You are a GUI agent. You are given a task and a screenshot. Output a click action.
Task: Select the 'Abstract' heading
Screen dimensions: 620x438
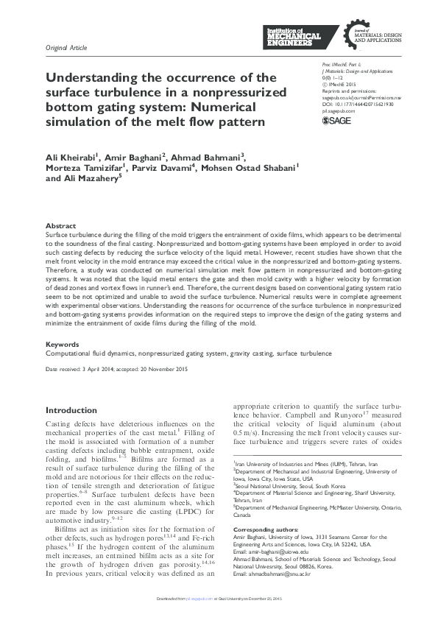point(60,225)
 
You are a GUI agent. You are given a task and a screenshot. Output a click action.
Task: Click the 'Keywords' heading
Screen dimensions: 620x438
point(63,344)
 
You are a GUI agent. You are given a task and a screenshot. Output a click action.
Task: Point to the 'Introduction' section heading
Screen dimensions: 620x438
point(71,410)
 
